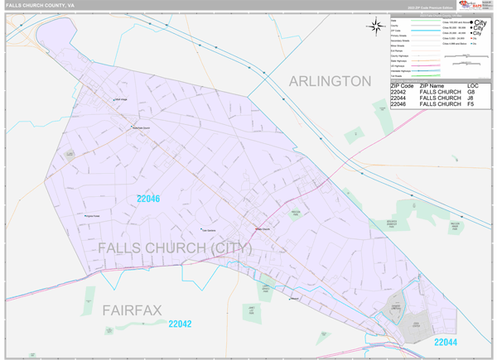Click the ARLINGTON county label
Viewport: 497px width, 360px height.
tap(330, 80)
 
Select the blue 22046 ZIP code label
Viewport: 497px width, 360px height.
tap(148, 199)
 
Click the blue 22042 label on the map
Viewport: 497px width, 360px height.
tap(180, 324)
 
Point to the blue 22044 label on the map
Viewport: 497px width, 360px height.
tap(445, 342)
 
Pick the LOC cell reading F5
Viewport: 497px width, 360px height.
tap(471, 105)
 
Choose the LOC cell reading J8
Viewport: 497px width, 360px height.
tap(471, 98)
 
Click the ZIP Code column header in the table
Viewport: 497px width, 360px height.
tap(402, 85)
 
